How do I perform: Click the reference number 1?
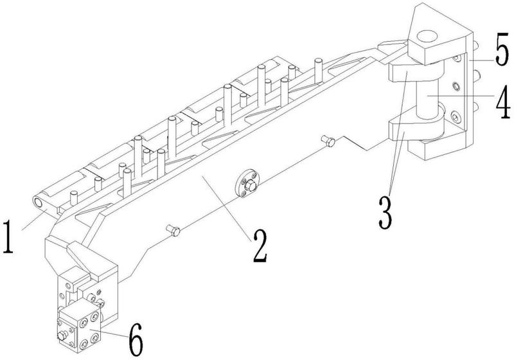click(8, 237)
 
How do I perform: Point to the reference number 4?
click(502, 102)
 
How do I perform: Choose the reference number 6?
click(136, 339)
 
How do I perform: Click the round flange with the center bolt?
click(247, 184)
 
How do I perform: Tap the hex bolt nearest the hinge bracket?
click(328, 141)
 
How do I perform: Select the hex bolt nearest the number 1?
click(173, 230)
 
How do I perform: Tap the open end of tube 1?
click(38, 203)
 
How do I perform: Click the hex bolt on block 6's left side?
click(62, 336)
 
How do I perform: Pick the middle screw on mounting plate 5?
click(456, 87)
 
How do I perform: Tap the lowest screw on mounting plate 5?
click(456, 116)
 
